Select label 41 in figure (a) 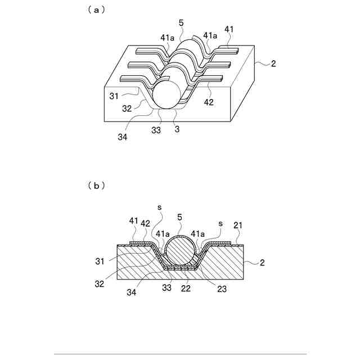(229, 29)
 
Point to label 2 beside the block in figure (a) (273, 64)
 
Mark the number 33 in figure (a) (156, 130)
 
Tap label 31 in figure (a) (114, 96)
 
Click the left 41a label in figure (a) (167, 38)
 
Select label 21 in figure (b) (238, 225)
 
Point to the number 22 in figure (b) (186, 289)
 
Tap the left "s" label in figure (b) (160, 208)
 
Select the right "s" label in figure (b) (220, 223)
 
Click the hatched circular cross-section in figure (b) (180, 251)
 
